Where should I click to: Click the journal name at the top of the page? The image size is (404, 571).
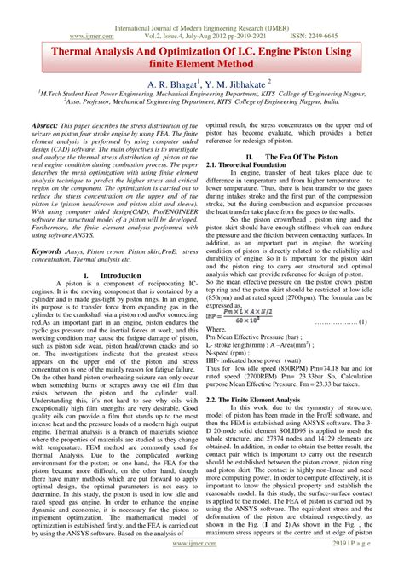point(202,7)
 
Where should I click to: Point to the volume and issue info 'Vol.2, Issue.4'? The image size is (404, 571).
point(141,16)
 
